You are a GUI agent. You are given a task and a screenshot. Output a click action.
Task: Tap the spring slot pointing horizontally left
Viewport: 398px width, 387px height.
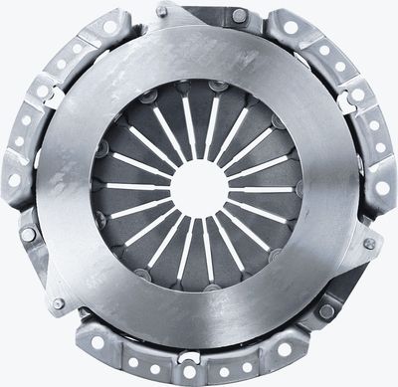134,186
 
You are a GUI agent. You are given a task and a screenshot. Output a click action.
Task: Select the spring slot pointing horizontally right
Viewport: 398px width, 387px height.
264,188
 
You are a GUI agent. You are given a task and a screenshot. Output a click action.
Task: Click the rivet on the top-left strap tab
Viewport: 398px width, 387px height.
161,11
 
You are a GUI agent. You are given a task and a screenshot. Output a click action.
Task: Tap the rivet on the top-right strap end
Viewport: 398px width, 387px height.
239,16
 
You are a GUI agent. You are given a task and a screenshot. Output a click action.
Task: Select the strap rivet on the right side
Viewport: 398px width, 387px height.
369,244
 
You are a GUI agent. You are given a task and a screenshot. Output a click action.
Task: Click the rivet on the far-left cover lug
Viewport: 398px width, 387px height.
28,235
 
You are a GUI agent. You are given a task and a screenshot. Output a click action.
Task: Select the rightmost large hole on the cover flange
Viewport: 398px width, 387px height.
383,188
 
